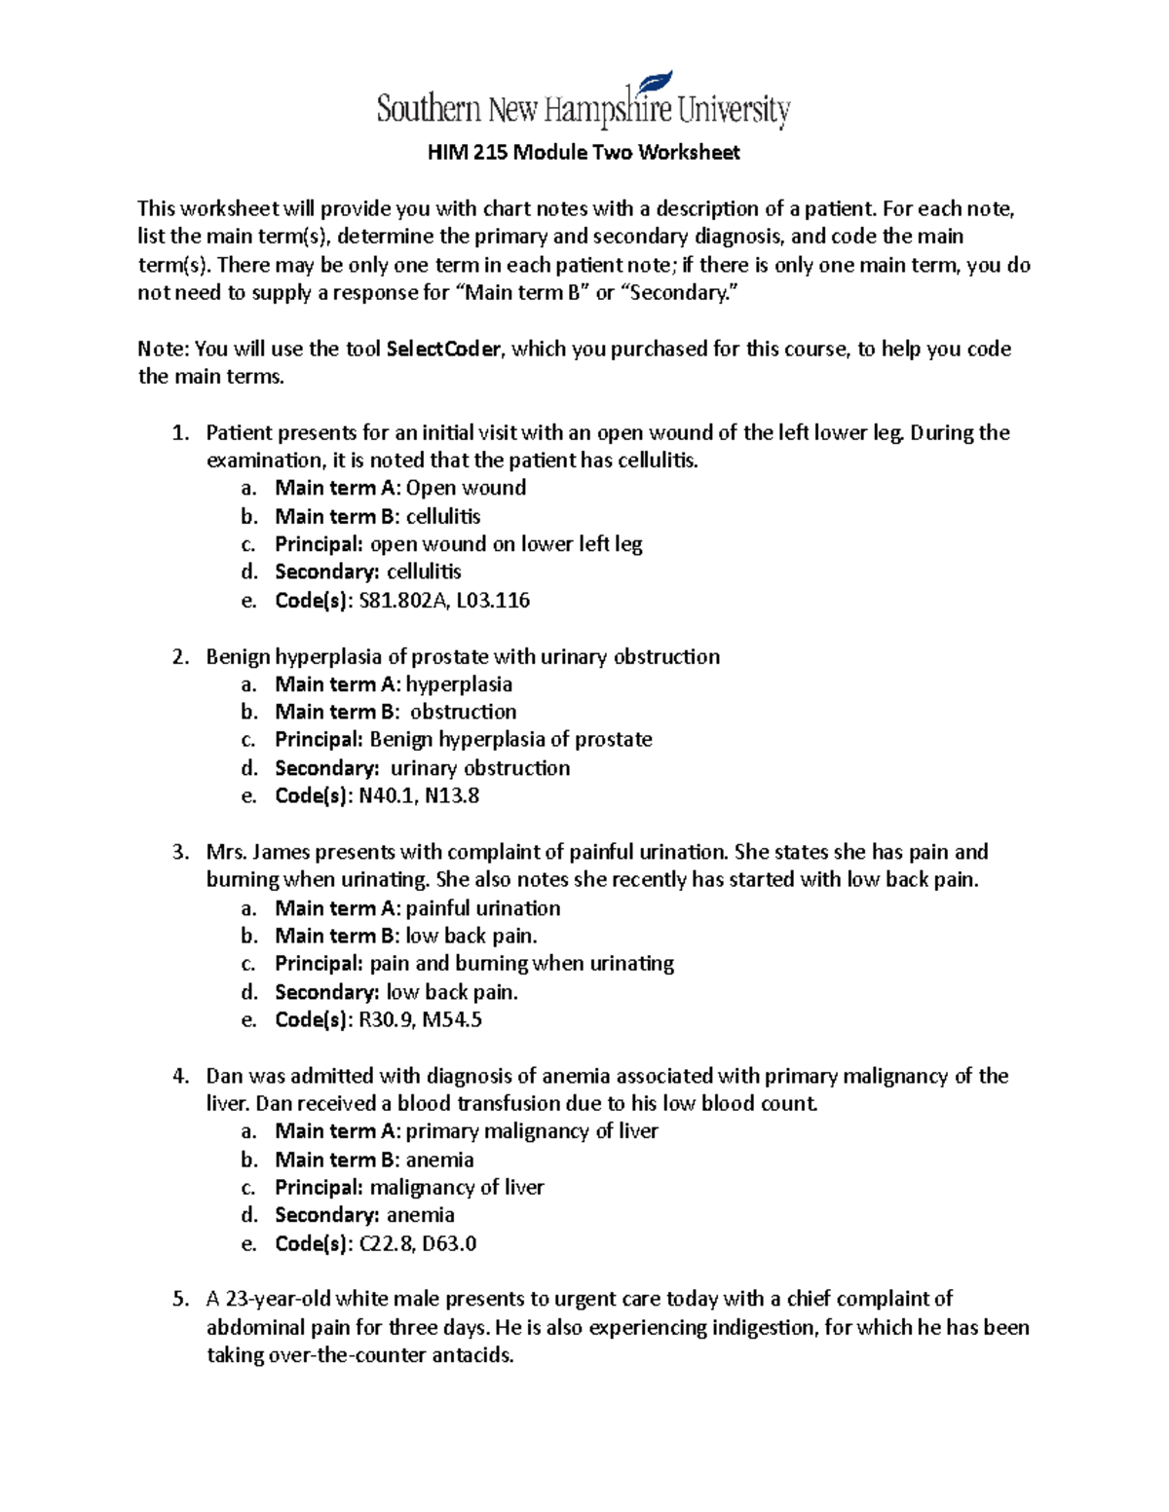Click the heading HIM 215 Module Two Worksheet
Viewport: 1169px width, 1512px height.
pos(584,153)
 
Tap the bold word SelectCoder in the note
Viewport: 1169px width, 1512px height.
pos(445,350)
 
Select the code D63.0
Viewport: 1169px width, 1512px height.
pos(449,1244)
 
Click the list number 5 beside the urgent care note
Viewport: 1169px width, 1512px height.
pos(179,1300)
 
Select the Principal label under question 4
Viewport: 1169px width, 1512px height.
pos(319,1188)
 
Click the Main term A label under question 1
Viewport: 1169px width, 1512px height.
pos(337,488)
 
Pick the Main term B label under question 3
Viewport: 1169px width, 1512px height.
pos(337,937)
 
